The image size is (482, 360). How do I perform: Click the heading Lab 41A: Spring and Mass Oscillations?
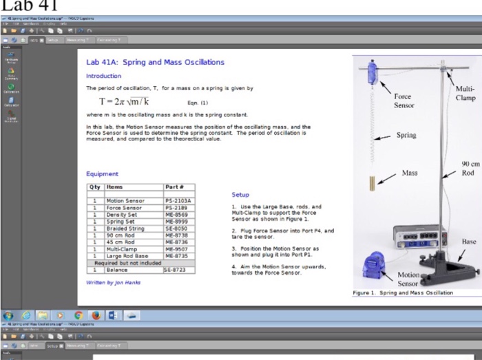155,62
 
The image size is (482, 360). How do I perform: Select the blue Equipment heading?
102,174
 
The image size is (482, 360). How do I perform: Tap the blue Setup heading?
240,195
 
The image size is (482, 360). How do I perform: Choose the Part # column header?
174,187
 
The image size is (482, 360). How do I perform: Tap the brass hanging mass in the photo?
373,184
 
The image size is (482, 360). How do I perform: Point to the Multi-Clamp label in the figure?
465,93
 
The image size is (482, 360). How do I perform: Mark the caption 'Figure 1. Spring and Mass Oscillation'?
403,293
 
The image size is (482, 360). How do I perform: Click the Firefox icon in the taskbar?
96,315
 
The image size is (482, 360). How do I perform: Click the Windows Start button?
8,315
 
